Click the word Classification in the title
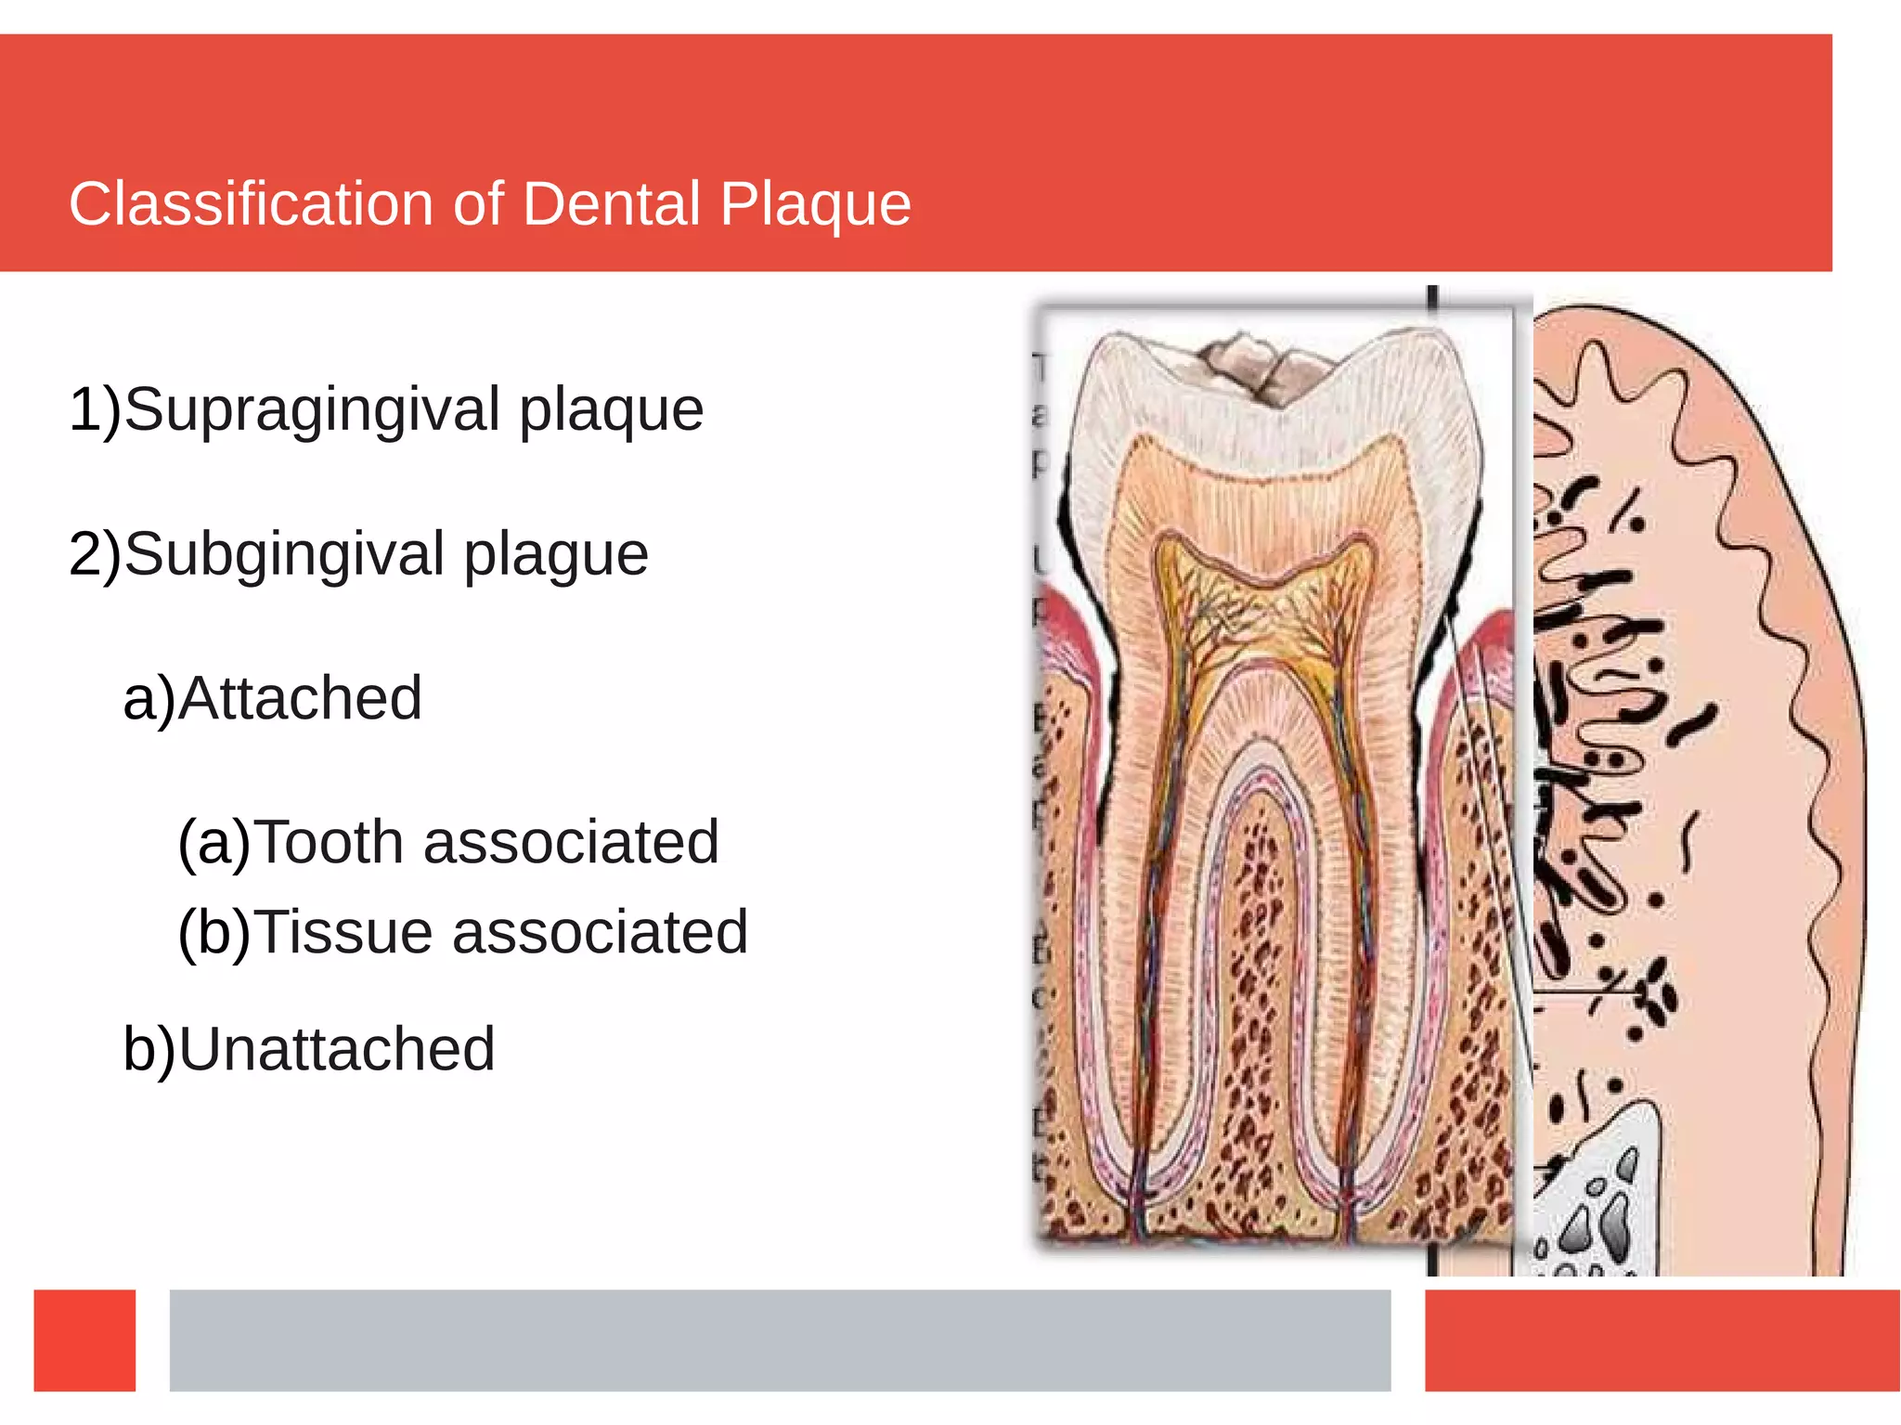pos(251,204)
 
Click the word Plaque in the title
pos(815,204)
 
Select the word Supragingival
pos(312,409)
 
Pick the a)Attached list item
pos(273,698)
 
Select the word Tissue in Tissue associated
pos(344,932)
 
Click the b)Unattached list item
pos(309,1049)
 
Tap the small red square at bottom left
pos(84,1340)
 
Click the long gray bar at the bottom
pos(780,1340)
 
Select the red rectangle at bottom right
pos(1662,1340)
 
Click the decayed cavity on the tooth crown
pos(1248,367)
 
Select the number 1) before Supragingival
pos(94,409)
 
